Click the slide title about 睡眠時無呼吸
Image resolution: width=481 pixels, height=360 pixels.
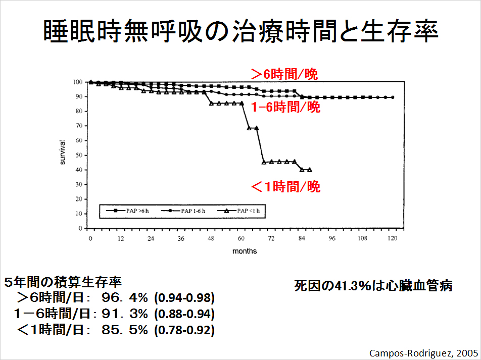click(240, 31)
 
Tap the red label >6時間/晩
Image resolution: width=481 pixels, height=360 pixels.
click(284, 74)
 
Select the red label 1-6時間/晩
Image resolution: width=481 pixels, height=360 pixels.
click(285, 107)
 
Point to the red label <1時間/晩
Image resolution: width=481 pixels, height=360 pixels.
click(285, 187)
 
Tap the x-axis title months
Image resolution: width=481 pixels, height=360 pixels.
click(245, 251)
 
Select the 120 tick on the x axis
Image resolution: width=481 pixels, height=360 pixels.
click(393, 238)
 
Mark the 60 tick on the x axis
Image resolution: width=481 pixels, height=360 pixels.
click(242, 238)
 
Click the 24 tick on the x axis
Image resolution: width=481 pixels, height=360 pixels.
click(151, 238)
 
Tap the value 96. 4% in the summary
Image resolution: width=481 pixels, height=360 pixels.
click(124, 297)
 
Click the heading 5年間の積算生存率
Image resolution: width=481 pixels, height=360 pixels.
click(63, 281)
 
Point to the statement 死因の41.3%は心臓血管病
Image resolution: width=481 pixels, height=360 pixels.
click(373, 286)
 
